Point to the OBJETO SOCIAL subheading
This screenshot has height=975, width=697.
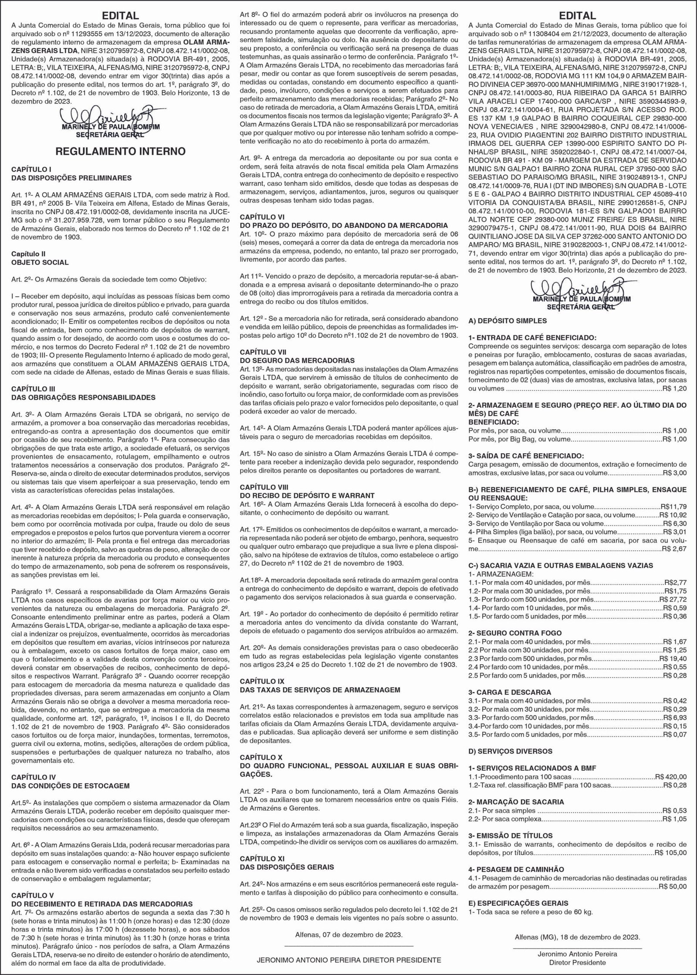click(x=40, y=262)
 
